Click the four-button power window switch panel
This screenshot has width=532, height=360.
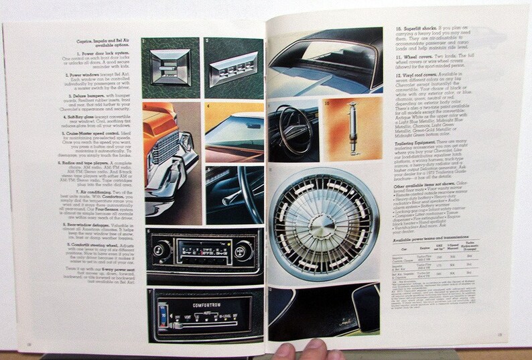(232, 68)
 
